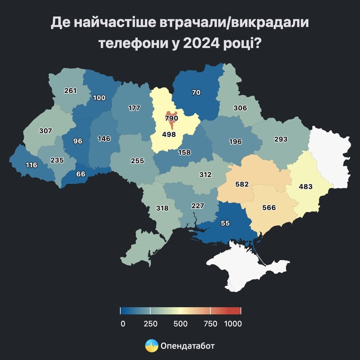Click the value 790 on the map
tap(172, 119)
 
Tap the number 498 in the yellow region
tap(168, 135)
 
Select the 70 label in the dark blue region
tap(196, 92)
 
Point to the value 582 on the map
tap(242, 184)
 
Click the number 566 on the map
tap(269, 208)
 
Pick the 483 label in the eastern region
tap(306, 186)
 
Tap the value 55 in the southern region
tap(225, 224)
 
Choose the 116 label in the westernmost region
tap(32, 165)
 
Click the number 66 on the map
tap(81, 174)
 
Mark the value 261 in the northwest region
tap(70, 90)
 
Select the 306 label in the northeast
tap(240, 108)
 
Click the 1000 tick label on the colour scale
tap(233, 323)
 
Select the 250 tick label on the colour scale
tap(150, 323)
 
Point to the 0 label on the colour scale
tap(123, 323)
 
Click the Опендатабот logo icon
tap(151, 346)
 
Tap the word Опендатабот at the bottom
tap(187, 346)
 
